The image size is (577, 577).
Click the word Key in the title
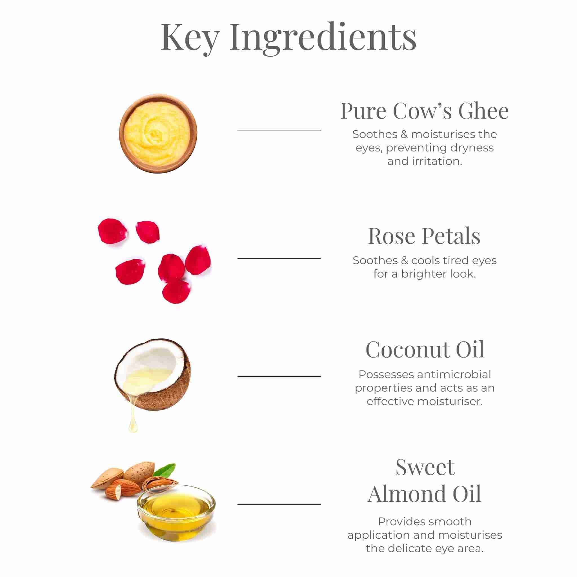pyautogui.click(x=190, y=38)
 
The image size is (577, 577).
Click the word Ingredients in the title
pyautogui.click(x=323, y=38)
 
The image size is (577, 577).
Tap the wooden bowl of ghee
pyautogui.click(x=158, y=134)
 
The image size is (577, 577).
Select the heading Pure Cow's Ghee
pyautogui.click(x=424, y=111)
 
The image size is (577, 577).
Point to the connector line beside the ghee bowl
pyautogui.click(x=279, y=130)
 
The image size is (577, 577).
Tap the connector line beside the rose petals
pyautogui.click(x=279, y=258)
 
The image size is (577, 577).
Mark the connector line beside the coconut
pyautogui.click(x=279, y=376)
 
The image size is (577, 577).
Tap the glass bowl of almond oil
pyautogui.click(x=176, y=513)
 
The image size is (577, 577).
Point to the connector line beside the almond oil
pyautogui.click(x=279, y=504)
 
